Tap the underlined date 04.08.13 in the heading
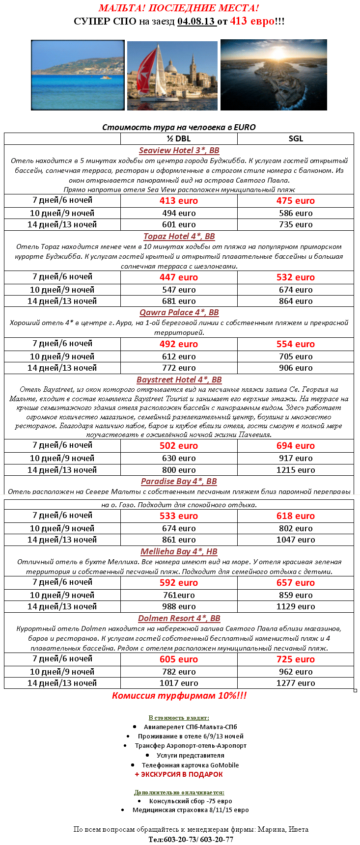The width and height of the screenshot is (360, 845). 196,21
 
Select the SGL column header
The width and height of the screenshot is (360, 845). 296,138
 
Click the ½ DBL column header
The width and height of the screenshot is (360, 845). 179,138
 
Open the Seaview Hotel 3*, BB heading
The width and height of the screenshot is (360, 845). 179,151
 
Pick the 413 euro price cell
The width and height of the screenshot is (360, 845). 179,201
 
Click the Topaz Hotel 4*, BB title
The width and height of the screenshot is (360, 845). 179,236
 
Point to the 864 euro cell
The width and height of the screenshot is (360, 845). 296,301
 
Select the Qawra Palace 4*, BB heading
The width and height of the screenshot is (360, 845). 179,312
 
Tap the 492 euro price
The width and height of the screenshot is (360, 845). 179,344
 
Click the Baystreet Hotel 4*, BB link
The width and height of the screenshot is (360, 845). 179,380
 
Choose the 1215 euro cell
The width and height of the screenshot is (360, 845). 296,470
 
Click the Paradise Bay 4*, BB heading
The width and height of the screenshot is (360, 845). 179,481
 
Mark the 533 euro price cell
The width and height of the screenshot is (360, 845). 179,516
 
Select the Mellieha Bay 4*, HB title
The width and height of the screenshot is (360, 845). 179,551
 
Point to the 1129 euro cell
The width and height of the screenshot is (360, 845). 296,606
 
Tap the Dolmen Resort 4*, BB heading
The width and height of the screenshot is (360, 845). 179,618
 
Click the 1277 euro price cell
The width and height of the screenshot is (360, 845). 296,683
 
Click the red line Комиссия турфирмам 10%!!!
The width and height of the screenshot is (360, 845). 179,695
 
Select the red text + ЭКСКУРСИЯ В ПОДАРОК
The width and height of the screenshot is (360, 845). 179,774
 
